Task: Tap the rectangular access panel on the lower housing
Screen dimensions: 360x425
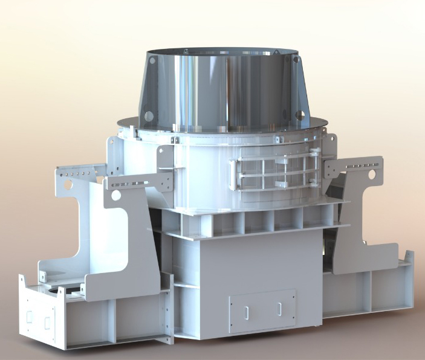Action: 262,310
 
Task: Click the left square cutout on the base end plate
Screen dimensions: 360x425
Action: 28,316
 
